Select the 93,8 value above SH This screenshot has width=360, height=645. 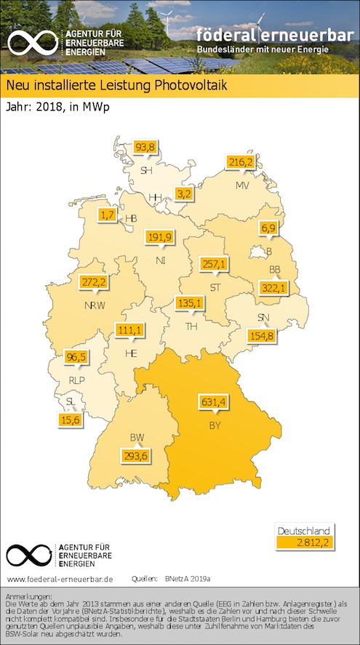pyautogui.click(x=145, y=147)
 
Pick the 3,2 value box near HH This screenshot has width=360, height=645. pyautogui.click(x=184, y=193)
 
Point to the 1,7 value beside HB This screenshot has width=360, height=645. pyautogui.click(x=108, y=215)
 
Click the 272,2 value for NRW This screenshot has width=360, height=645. pyautogui.click(x=93, y=281)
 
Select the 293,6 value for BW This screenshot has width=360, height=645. pyautogui.click(x=137, y=456)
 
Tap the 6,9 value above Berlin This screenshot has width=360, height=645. pyautogui.click(x=269, y=229)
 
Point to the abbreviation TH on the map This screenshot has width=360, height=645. pyautogui.click(x=192, y=326)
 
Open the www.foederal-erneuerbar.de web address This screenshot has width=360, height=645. pyautogui.click(x=60, y=579)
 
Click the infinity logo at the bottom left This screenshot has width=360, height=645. pyautogui.click(x=29, y=555)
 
